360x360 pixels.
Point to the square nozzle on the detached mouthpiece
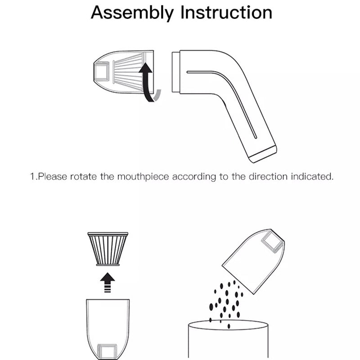click(101, 72)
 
